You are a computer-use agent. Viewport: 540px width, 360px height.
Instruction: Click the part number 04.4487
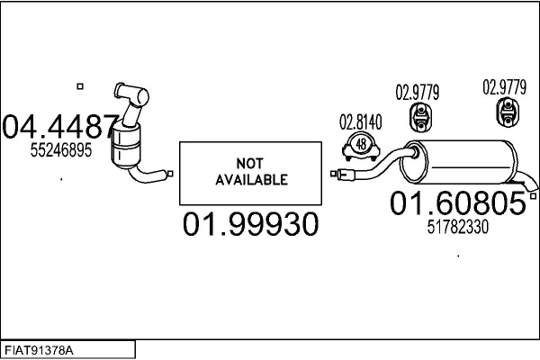59,127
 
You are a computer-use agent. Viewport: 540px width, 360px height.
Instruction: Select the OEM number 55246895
61,151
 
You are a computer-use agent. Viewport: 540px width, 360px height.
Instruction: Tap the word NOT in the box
251,163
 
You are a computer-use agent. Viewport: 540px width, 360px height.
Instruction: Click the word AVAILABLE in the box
251,179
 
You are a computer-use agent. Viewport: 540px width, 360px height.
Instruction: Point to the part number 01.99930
251,224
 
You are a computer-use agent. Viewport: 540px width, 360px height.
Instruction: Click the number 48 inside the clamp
361,143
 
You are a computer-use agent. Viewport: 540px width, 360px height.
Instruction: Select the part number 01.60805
457,204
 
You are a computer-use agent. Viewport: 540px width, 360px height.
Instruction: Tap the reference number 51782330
457,228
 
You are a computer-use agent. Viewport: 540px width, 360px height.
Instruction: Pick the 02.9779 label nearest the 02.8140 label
418,92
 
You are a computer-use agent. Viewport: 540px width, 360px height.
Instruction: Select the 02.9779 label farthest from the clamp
505,87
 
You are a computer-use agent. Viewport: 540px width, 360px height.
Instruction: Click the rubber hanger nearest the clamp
419,114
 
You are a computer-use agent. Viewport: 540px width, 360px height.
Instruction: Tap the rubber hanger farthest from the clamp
508,113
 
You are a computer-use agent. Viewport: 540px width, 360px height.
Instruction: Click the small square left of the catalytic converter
79,86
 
